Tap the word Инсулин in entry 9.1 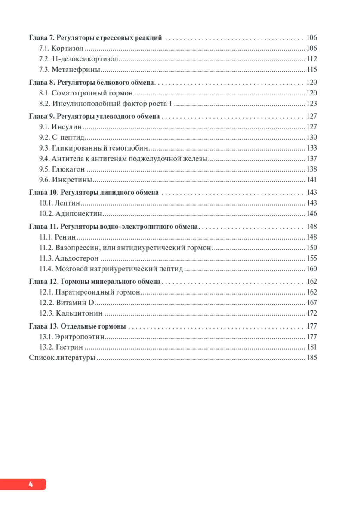[x=67, y=127]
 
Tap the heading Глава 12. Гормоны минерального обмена [x=95, y=282]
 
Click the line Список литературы [x=62, y=358]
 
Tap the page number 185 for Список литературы [x=311, y=358]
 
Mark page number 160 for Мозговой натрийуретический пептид [x=311, y=269]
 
